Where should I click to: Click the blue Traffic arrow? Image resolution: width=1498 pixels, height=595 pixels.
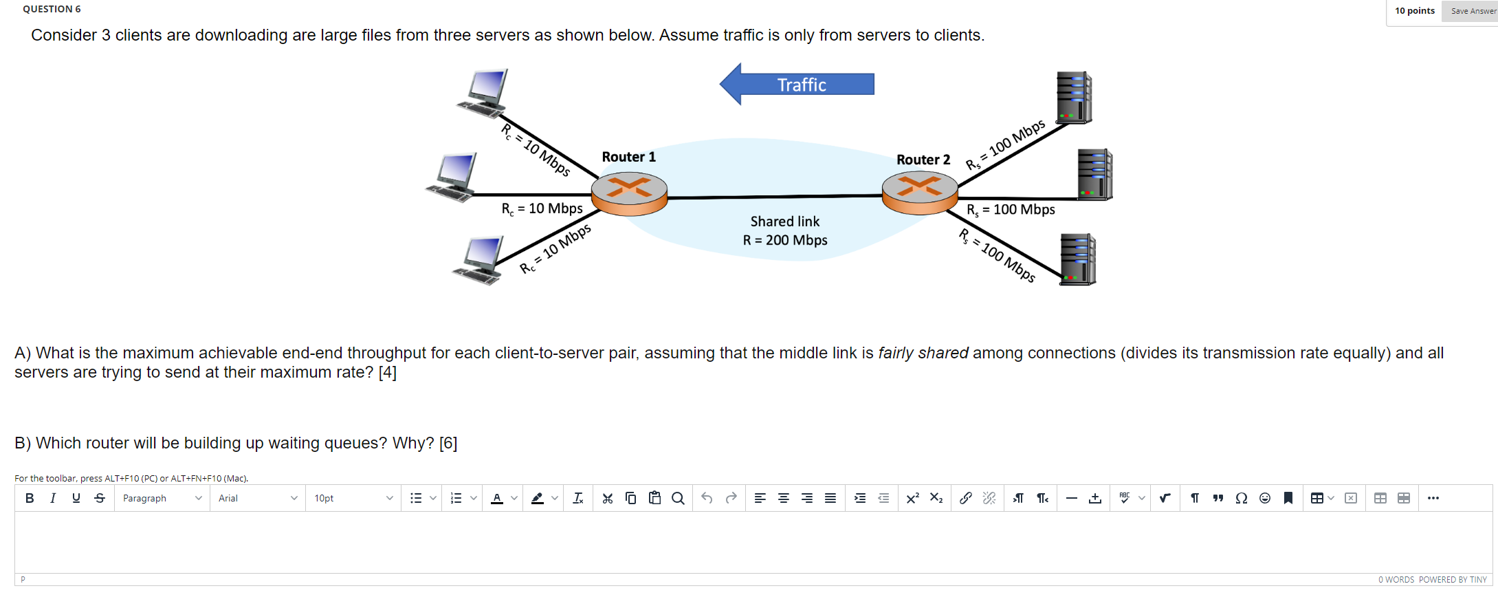pyautogui.click(x=797, y=84)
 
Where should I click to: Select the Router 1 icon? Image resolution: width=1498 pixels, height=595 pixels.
pyautogui.click(x=629, y=193)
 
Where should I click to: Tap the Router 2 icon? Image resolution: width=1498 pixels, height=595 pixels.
pyautogui.click(x=920, y=192)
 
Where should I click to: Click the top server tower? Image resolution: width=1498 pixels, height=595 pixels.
pyautogui.click(x=1074, y=98)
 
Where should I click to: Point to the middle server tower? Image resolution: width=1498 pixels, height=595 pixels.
pyautogui.click(x=1094, y=175)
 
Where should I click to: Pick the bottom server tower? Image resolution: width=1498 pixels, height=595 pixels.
pyautogui.click(x=1077, y=259)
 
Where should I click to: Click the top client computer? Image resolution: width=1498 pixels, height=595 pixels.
pyautogui.click(x=484, y=93)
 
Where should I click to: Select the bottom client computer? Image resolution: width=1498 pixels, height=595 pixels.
pyautogui.click(x=480, y=259)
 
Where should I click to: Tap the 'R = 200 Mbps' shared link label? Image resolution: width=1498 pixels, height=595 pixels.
pyautogui.click(x=785, y=240)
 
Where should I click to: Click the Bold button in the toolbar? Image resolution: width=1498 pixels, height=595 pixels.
pyautogui.click(x=30, y=498)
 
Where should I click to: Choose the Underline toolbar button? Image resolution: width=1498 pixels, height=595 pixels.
pyautogui.click(x=76, y=498)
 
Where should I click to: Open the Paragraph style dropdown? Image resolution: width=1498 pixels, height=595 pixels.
pyautogui.click(x=162, y=498)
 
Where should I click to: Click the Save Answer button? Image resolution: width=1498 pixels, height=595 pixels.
pyautogui.click(x=1472, y=11)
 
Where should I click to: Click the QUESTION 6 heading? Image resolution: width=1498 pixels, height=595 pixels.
pyautogui.click(x=52, y=9)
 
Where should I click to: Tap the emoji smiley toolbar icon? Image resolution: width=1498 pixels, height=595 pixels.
pyautogui.click(x=1265, y=498)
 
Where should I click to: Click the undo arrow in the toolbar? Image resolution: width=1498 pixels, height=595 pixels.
pyautogui.click(x=707, y=498)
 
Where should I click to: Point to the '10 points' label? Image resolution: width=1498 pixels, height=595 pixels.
pyautogui.click(x=1414, y=10)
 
